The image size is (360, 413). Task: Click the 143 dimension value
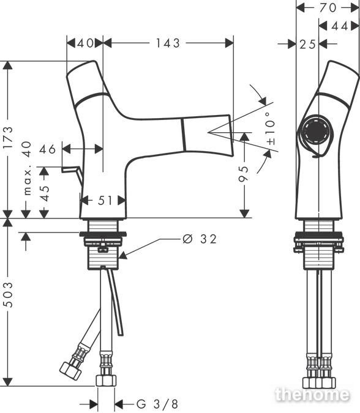[168, 43]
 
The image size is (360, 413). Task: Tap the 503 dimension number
[8, 295]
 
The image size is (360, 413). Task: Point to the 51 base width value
[105, 201]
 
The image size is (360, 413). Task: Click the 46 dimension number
[47, 149]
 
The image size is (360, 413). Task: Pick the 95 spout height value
[244, 174]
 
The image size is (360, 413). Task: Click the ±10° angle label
[271, 129]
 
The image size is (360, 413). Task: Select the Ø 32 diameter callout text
[200, 239]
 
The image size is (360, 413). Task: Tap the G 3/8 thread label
[157, 404]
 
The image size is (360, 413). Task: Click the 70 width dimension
[328, 8]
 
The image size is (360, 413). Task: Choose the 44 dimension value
[340, 26]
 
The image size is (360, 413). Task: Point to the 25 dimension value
[307, 45]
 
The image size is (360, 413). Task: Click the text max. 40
[28, 168]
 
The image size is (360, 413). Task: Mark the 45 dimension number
[45, 193]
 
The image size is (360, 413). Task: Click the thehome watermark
[312, 395]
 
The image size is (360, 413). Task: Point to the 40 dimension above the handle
[85, 43]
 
